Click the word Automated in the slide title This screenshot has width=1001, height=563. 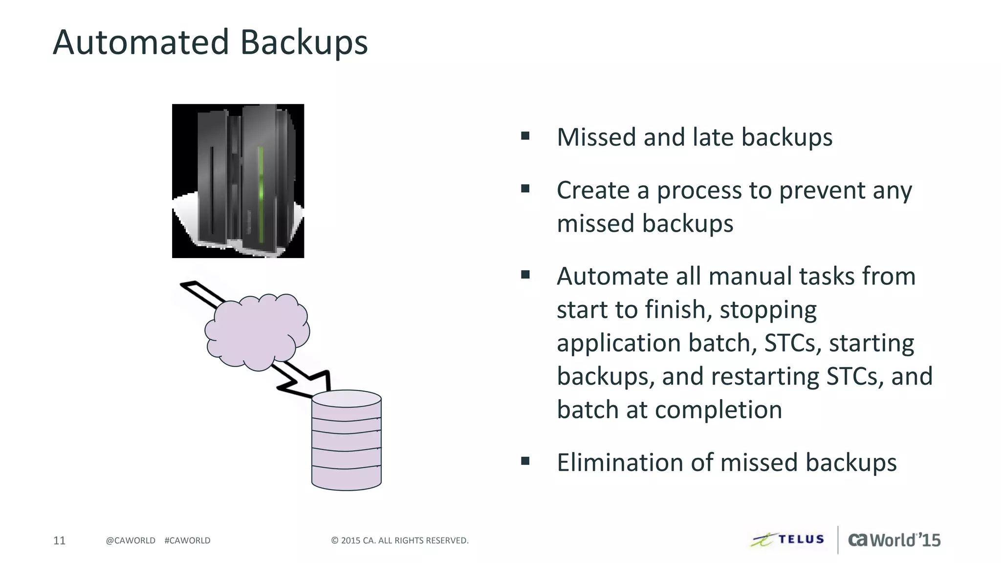click(141, 42)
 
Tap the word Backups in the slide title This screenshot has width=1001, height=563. click(304, 43)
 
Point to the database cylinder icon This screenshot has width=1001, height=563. click(346, 440)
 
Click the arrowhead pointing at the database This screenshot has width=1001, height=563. click(313, 384)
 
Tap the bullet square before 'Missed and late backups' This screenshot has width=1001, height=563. click(525, 136)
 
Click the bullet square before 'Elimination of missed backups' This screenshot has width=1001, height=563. click(525, 461)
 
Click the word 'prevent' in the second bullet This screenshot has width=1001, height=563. click(822, 191)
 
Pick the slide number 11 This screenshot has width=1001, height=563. click(59, 540)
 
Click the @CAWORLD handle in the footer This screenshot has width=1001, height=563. click(131, 541)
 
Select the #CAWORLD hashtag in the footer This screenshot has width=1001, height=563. click(188, 541)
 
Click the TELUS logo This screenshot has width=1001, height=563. click(788, 540)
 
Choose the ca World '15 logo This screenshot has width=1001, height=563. click(894, 540)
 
